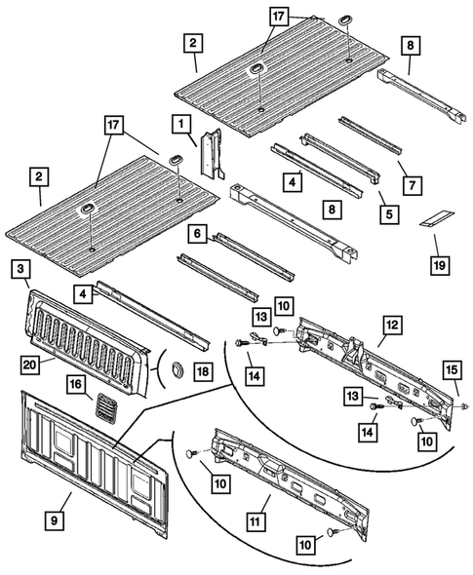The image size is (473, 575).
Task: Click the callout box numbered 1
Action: pyautogui.click(x=180, y=124)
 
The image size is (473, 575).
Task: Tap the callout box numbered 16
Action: pyautogui.click(x=74, y=386)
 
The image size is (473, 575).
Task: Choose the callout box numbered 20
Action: pyautogui.click(x=31, y=364)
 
